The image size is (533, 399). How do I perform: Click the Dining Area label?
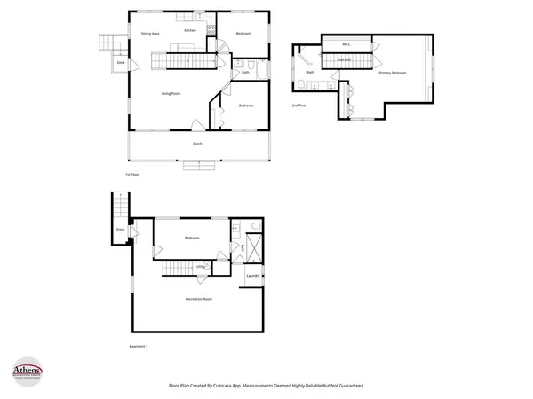pos(149,33)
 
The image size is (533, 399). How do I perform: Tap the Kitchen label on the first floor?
pos(190,31)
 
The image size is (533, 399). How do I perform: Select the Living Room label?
pos(171,93)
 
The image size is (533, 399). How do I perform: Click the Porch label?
pos(197,143)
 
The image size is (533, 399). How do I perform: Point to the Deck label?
pos(120,63)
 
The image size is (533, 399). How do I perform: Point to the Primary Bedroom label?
pos(392,73)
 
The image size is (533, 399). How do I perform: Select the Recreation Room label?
pos(198,299)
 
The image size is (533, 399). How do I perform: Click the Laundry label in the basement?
pos(253,276)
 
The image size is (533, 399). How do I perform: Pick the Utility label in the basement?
pos(201,266)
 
